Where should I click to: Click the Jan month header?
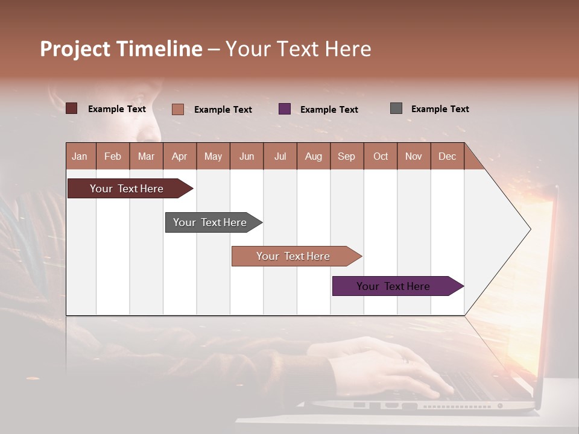[80, 156]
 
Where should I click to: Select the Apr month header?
[179, 156]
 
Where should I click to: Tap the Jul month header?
[280, 156]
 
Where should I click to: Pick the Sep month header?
[346, 156]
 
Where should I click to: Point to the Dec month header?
[447, 156]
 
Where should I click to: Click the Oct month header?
[381, 156]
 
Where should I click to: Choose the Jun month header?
[246, 156]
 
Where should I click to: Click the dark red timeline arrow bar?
[127, 189]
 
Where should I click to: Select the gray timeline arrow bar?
[210, 222]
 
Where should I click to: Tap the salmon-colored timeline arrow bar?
[293, 256]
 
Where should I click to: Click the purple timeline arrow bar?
[394, 286]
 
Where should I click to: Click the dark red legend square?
[71, 108]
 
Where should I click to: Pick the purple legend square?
[285, 108]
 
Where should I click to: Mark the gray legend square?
[396, 108]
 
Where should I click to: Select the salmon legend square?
[178, 109]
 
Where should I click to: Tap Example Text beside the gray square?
[440, 109]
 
